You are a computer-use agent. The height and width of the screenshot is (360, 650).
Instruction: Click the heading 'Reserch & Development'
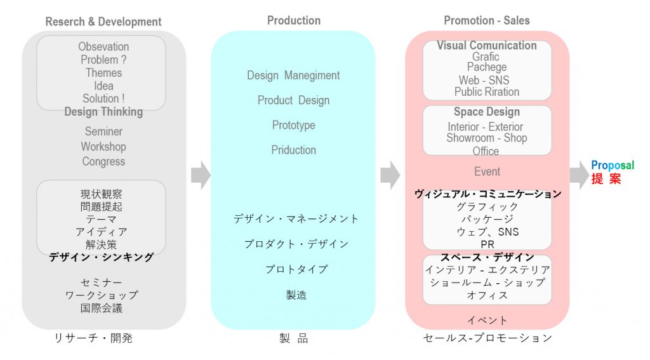103,22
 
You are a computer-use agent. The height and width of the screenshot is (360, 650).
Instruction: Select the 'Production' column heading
293,20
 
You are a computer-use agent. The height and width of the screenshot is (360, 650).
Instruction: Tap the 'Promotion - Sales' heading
487,20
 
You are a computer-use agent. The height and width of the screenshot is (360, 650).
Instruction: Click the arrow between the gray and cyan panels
200,175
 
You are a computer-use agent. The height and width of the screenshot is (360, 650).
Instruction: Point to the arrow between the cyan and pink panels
390,175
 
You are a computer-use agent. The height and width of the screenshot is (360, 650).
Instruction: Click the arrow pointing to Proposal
578,174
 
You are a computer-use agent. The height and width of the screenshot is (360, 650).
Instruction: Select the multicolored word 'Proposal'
613,165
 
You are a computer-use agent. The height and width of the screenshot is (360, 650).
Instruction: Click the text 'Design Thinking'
103,112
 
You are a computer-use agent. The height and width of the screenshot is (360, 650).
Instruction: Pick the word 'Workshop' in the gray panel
103,146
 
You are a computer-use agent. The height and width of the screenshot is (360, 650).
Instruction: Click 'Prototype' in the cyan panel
293,125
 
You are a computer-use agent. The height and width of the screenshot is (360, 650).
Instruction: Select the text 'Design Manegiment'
293,76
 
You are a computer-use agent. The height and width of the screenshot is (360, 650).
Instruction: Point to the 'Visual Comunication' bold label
487,45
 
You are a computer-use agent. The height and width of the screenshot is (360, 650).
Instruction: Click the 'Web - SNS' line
484,80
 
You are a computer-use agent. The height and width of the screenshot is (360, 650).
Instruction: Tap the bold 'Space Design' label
487,112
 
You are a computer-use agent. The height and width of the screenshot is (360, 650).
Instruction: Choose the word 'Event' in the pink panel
487,171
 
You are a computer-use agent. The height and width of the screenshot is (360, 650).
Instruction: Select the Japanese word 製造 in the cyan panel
293,295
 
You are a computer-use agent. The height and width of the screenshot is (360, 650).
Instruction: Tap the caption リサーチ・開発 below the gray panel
93,338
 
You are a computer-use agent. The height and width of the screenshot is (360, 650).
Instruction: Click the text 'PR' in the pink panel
487,244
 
